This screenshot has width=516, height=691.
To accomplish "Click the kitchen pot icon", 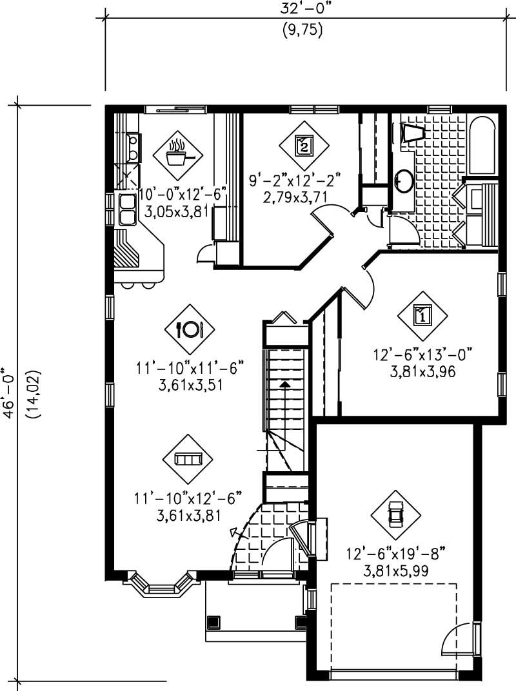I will pos(177,155).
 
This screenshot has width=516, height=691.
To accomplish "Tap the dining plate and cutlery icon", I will pos(190,329).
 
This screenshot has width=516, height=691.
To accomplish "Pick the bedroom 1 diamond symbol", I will pos(422,316).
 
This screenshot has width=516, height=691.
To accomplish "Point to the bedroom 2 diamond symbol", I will pos(304,145).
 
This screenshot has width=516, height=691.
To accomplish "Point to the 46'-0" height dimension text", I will pos(8,393).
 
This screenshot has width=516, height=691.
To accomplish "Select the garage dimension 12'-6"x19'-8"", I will pos(395,553).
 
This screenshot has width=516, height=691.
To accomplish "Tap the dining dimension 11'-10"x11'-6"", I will pos(189,368).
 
